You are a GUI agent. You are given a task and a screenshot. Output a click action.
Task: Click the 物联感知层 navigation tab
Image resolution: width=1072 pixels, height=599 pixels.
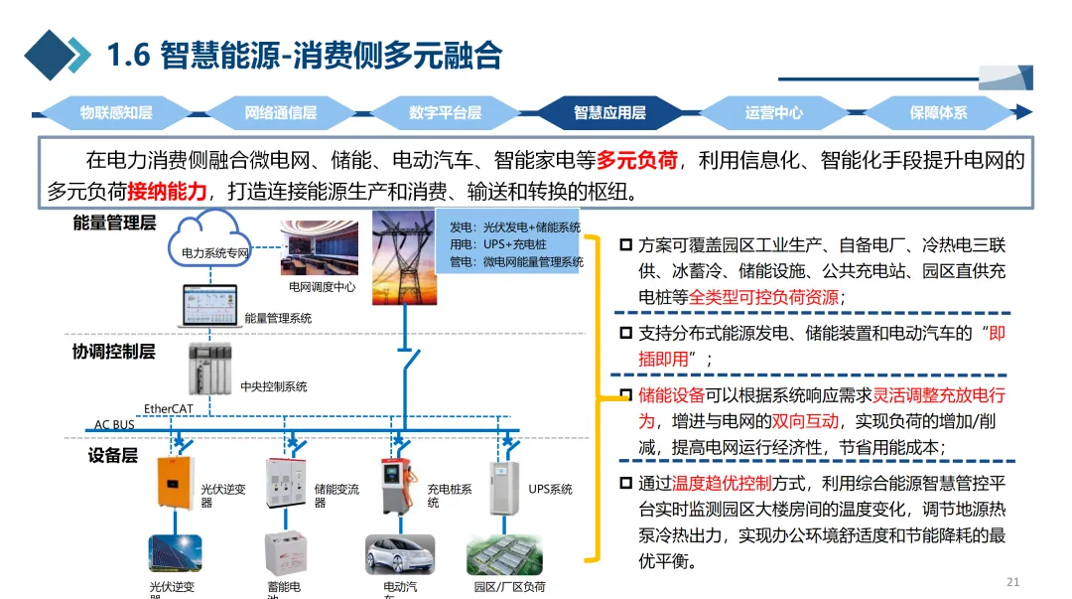click(x=116, y=113)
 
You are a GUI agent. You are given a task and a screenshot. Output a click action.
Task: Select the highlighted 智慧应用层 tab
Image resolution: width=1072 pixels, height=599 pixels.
click(x=609, y=113)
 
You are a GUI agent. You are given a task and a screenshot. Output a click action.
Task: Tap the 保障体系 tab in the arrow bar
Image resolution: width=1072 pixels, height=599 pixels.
click(x=938, y=113)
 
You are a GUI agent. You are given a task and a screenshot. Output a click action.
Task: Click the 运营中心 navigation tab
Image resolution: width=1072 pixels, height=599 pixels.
click(x=774, y=113)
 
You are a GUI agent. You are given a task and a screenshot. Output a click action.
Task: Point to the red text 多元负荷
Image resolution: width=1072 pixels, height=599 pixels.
click(x=637, y=159)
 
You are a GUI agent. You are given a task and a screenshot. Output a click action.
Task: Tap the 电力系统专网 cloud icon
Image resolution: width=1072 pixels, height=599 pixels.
click(x=212, y=242)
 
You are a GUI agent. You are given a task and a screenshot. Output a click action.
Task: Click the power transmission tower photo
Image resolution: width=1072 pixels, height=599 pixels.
click(x=403, y=259)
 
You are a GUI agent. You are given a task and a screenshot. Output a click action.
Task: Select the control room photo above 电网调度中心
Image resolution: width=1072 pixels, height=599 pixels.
click(x=321, y=248)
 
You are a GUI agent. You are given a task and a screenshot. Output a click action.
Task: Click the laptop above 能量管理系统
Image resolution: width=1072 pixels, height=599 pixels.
click(x=209, y=307)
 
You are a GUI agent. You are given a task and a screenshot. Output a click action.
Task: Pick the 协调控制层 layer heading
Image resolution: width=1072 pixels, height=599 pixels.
click(x=113, y=352)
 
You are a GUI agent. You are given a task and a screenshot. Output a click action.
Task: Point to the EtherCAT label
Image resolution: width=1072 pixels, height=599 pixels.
click(x=169, y=408)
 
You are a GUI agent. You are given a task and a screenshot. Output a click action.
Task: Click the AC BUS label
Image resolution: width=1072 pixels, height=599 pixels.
click(x=114, y=425)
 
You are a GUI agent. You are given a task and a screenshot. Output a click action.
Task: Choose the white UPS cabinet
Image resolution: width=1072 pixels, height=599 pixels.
click(x=504, y=488)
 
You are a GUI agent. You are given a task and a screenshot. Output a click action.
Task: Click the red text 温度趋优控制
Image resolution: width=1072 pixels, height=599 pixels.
click(x=722, y=484)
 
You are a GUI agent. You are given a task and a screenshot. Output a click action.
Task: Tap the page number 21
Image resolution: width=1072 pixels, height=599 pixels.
click(x=1012, y=582)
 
